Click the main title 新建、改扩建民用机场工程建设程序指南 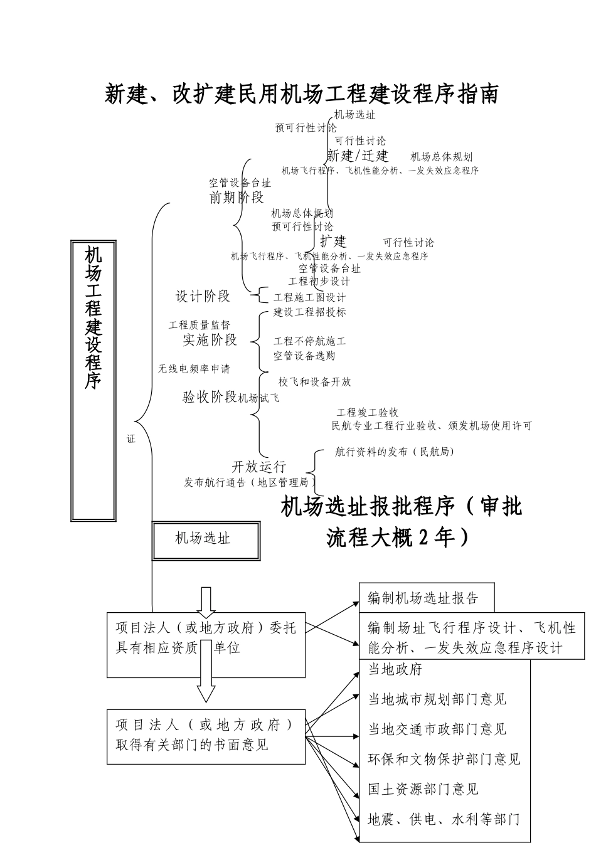tap(301, 94)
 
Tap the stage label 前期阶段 tap(237, 198)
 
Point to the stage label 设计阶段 tap(203, 296)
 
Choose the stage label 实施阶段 tap(210, 340)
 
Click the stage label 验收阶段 tap(210, 396)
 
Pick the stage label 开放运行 tap(259, 467)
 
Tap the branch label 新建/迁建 tap(358, 156)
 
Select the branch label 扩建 tap(333, 241)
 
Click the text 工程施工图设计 tap(309, 297)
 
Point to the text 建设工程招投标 tap(309, 312)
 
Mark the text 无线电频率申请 tap(194, 369)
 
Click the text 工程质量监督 tap(199, 325)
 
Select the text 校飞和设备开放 tap(314, 381)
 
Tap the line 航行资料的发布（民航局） tap(395, 452)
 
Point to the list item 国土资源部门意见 tap(423, 789)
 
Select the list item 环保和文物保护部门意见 tap(444, 759)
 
